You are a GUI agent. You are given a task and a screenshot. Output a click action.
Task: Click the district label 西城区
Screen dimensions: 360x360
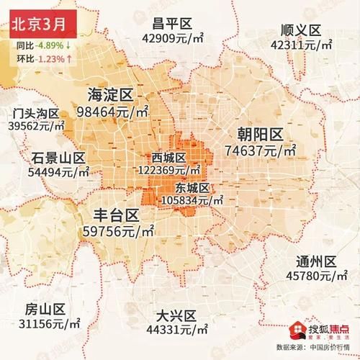(169, 158)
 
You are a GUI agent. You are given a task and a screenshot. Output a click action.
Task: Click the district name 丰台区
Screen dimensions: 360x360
(117, 214)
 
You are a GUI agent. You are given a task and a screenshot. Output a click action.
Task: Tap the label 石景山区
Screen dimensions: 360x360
(59, 158)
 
